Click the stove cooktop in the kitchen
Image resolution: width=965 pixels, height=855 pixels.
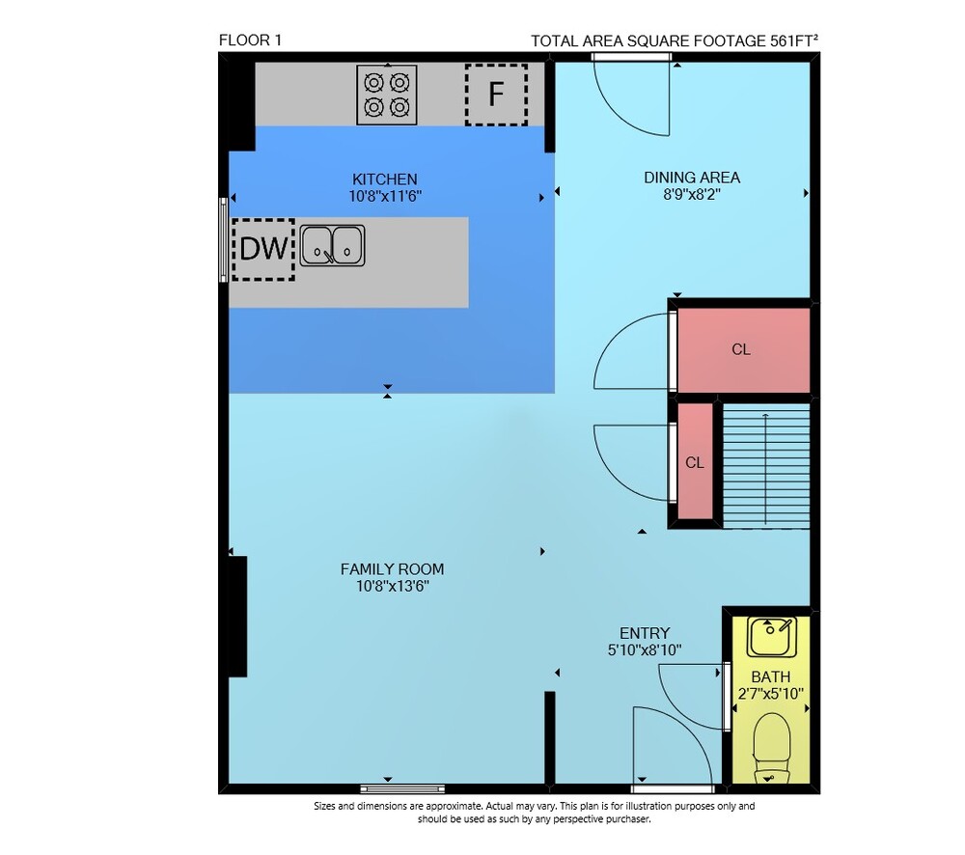coord(387,95)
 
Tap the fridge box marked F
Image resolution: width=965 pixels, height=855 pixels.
coord(496,95)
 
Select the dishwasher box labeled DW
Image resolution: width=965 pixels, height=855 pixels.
coord(263,249)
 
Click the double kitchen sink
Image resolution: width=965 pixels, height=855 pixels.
coord(332,246)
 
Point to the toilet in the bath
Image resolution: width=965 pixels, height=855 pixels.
coord(772,748)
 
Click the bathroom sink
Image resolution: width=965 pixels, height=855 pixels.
coord(772,637)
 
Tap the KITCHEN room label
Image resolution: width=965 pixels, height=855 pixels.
coord(385,179)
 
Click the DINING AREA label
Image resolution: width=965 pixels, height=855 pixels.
coord(692,178)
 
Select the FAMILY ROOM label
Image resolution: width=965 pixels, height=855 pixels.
coord(392,569)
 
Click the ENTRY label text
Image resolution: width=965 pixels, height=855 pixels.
coord(645,633)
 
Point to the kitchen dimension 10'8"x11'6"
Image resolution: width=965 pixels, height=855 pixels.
coord(385,196)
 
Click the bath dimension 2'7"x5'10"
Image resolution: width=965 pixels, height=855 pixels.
coord(770,695)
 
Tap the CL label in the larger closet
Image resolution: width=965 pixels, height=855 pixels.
coord(741,349)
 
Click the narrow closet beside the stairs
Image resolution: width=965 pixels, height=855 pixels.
coord(696,461)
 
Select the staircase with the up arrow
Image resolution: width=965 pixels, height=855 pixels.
coord(766,466)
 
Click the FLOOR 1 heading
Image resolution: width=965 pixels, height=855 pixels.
coord(251,41)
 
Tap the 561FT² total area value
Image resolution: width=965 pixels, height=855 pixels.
coord(794,41)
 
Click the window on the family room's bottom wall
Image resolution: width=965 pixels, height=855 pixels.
coord(402,788)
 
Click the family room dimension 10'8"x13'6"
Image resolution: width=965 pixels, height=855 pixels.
coord(392,586)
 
